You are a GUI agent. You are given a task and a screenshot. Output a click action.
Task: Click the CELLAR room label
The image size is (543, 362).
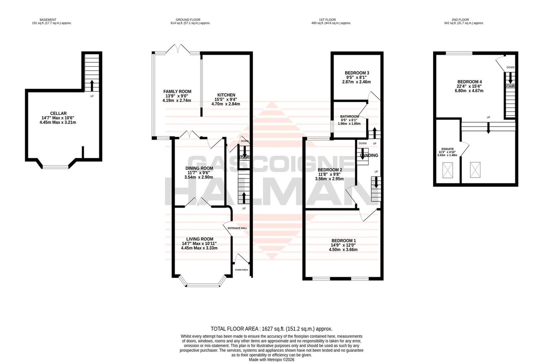(x=58, y=114)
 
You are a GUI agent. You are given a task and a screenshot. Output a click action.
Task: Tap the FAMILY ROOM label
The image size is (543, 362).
(x=177, y=92)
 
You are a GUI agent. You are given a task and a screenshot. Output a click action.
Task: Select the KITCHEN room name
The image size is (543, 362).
(x=226, y=95)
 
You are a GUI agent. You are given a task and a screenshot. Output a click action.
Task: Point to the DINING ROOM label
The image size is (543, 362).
(x=199, y=168)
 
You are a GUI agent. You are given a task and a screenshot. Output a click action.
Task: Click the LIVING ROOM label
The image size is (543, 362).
(x=200, y=239)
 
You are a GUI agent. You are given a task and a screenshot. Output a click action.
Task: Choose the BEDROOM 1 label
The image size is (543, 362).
(x=343, y=241)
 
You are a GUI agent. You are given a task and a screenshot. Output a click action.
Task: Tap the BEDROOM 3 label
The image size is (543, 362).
(x=357, y=73)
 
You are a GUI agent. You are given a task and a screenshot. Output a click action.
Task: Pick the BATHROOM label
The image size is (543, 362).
(x=349, y=117)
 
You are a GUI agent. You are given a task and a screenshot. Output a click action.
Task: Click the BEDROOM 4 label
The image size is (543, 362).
(x=469, y=82)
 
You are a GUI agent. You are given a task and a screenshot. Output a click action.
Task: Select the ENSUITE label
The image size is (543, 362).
(x=447, y=149)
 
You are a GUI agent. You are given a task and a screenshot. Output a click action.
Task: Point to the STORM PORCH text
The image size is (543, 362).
(x=241, y=270)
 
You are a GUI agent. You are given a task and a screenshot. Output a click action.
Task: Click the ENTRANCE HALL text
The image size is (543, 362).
(x=237, y=228)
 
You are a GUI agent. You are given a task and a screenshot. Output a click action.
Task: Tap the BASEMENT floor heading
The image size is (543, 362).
(x=48, y=20)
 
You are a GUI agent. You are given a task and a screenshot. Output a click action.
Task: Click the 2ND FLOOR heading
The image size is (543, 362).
(x=460, y=20)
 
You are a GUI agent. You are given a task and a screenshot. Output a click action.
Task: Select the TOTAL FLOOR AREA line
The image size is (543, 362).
(x=271, y=329)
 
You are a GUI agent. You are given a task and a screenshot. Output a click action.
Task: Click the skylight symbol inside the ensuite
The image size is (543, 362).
(x=447, y=170)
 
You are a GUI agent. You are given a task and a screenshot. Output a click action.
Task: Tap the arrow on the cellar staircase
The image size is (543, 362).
(x=92, y=86)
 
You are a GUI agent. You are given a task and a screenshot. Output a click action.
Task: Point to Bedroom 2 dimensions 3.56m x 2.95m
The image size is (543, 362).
(x=329, y=179)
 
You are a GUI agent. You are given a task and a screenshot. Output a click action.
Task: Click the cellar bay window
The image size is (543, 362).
(x=56, y=167)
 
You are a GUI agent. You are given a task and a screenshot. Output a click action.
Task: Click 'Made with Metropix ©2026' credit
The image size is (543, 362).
(x=271, y=360)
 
